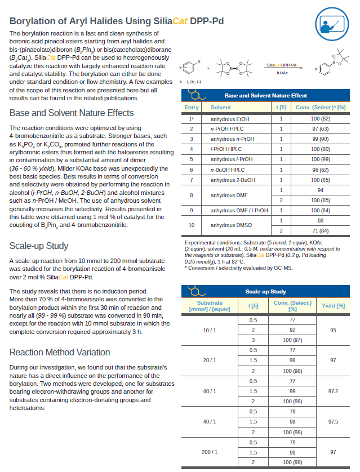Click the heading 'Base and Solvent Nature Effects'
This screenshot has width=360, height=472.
(72, 113)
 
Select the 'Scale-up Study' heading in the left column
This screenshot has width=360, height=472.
(39, 246)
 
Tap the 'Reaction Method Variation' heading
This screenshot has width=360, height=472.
(60, 353)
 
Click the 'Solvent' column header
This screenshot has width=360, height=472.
(220, 107)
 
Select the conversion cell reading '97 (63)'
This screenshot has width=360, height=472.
(320, 129)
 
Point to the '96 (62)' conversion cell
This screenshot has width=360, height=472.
(320, 170)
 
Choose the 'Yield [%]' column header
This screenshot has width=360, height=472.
(333, 306)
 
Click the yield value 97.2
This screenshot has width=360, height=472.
(333, 390)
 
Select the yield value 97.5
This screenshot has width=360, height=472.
(333, 421)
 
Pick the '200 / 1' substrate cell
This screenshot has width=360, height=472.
(210, 452)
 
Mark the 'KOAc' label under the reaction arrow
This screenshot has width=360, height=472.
(282, 73)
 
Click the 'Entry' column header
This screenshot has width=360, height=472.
(192, 107)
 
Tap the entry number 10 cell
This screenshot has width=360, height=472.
(192, 225)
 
